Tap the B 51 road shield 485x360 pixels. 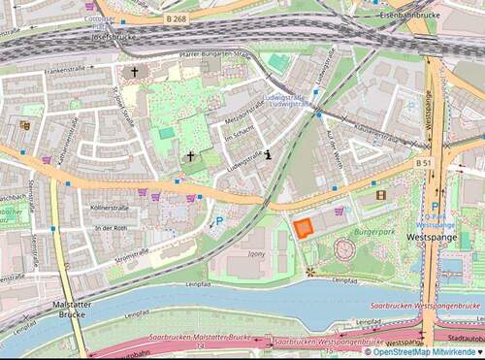point(424,163)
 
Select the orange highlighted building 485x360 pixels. point(304,228)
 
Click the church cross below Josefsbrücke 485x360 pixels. point(135,71)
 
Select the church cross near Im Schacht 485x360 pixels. point(190,155)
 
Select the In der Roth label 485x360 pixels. point(113,228)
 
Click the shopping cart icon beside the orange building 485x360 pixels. point(339,211)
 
